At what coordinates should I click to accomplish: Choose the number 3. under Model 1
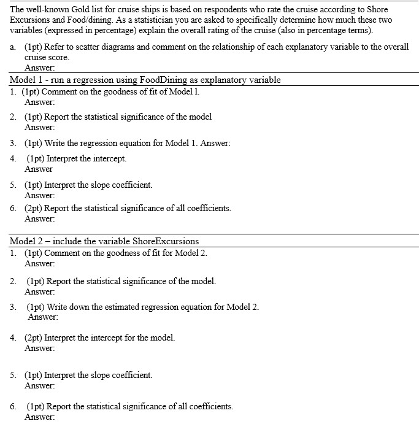pos(13,143)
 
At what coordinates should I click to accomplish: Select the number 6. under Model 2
pos(13,406)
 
